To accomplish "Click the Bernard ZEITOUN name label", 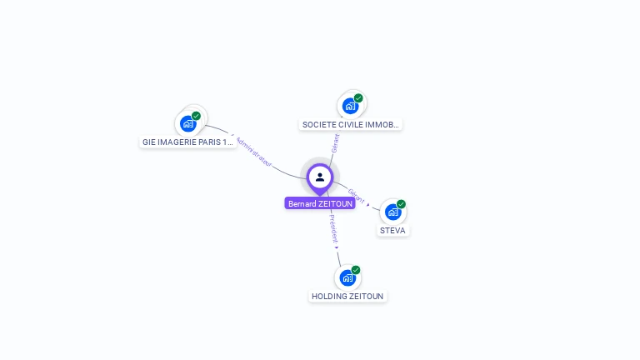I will point(320,203).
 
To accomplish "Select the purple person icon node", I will point(320,177).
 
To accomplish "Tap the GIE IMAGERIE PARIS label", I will point(187,142).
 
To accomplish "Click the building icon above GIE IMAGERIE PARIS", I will point(188,124).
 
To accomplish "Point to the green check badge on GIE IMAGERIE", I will point(196,116).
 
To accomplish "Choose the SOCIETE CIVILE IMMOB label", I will point(350,125).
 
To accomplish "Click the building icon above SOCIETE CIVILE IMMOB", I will point(350,106).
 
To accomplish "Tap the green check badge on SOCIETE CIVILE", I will point(358,98).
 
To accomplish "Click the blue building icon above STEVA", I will point(393,212).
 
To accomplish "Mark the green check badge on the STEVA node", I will point(401,204).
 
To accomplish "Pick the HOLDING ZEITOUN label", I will point(348,296).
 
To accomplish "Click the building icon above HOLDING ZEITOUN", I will point(347,277).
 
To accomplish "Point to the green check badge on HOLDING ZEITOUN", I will point(356,270).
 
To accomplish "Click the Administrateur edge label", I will point(253,152).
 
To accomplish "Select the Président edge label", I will point(333,227).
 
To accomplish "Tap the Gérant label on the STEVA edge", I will point(356,196).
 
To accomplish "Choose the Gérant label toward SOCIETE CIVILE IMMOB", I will point(336,142).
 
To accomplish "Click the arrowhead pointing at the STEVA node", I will point(368,204).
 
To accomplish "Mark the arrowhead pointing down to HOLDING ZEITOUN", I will point(337,247).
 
